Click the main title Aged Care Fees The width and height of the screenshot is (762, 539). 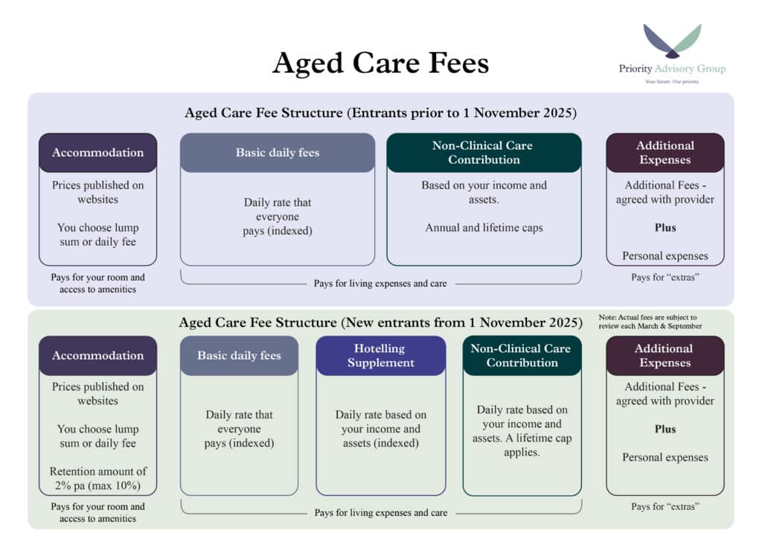coord(380,63)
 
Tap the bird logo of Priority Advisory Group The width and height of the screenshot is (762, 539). coord(672,41)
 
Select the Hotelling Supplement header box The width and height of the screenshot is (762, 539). coord(380,356)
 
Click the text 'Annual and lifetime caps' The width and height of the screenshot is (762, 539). coord(484,228)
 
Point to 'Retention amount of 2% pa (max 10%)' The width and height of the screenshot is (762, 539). coord(97,478)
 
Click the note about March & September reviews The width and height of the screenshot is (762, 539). coord(650,322)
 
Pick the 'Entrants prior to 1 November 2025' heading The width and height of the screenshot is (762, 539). coord(380,112)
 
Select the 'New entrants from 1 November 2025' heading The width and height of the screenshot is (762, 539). coord(380,322)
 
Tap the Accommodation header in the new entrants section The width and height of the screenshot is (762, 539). coord(97,356)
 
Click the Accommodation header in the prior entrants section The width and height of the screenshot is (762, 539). coord(97,153)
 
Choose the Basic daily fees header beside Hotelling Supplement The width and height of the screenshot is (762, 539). coord(239,356)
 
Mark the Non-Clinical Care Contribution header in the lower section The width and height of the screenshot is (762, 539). coord(522,356)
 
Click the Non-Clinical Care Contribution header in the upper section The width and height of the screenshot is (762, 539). coord(484,153)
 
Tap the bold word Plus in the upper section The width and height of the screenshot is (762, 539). coord(665,228)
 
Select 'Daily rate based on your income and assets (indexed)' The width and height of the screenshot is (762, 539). coord(380,429)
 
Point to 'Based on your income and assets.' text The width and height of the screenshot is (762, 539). coord(484,192)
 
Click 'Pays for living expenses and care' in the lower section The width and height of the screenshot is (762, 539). coord(380,513)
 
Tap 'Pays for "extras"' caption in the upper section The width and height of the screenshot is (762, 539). coord(665,278)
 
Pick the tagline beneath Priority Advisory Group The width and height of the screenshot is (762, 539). coord(672,82)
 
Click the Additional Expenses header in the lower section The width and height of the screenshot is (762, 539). coord(665,356)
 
